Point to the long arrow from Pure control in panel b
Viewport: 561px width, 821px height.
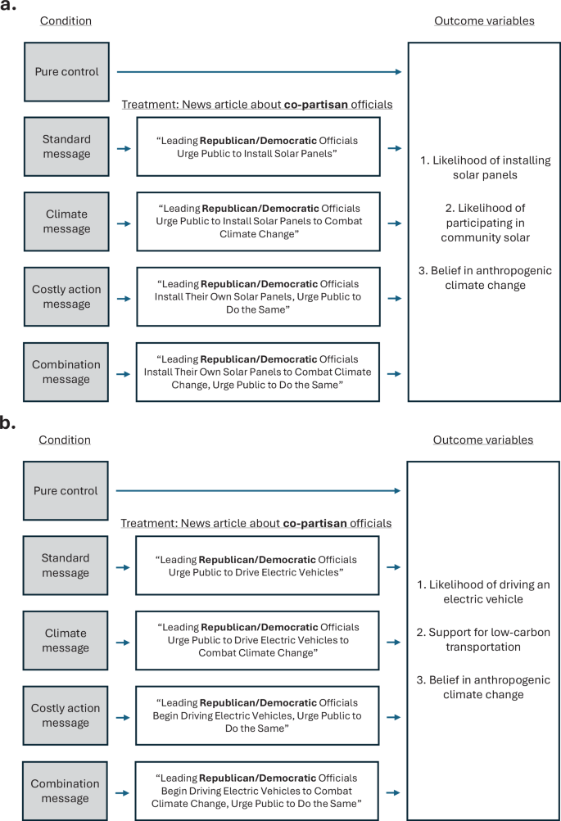pyautogui.click(x=258, y=491)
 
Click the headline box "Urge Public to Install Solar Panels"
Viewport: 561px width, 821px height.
pyautogui.click(x=258, y=147)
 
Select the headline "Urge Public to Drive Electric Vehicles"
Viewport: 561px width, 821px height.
pyautogui.click(x=258, y=566)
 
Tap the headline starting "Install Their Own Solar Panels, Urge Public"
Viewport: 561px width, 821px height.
pyautogui.click(x=258, y=297)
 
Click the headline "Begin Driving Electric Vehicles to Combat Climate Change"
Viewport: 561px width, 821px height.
pyautogui.click(x=258, y=791)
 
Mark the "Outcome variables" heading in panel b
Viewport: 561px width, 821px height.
pyautogui.click(x=482, y=440)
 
